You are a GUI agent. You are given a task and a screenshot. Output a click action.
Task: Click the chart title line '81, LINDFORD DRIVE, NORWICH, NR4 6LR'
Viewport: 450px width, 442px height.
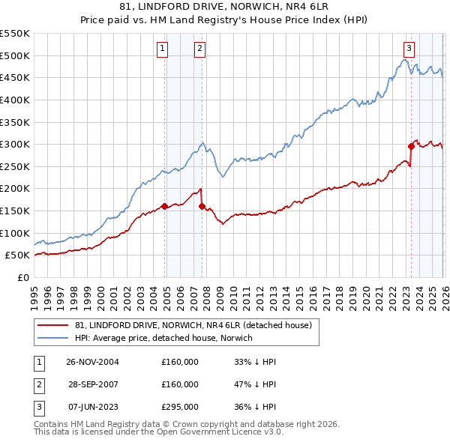pyautogui.click(x=225, y=7)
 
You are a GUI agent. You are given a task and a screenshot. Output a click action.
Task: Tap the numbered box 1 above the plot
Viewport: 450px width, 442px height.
pyautogui.click(x=162, y=49)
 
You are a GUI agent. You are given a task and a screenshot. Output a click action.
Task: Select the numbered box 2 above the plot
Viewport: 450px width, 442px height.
pyautogui.click(x=199, y=49)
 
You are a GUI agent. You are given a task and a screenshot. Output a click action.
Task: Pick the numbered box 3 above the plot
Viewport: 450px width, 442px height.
pyautogui.click(x=408, y=49)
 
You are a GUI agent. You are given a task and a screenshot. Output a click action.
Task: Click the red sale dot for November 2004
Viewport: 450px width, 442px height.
pyautogui.click(x=165, y=206)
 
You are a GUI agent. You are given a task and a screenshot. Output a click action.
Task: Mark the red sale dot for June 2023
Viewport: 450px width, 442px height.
pyautogui.click(x=411, y=146)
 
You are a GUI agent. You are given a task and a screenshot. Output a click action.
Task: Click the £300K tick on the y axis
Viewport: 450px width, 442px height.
pyautogui.click(x=15, y=144)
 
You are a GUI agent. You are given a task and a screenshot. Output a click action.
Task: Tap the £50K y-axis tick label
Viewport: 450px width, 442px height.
pyautogui.click(x=17, y=255)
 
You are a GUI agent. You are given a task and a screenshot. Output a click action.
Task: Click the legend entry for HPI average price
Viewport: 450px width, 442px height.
pyautogui.click(x=163, y=338)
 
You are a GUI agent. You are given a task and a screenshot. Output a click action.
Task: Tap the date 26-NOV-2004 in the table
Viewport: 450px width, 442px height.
pyautogui.click(x=92, y=362)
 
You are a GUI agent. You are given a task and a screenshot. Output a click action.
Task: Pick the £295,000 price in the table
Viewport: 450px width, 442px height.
pyautogui.click(x=180, y=407)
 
